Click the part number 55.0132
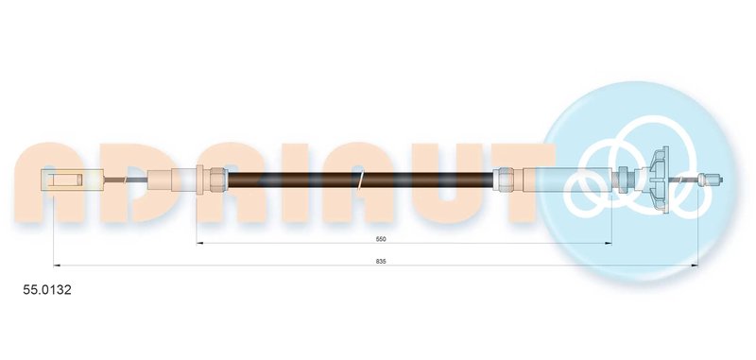(x=47, y=290)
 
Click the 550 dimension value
(x=382, y=238)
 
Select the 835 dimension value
(x=382, y=261)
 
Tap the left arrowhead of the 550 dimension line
(x=200, y=244)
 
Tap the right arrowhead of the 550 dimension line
(x=609, y=244)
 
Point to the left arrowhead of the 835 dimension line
(x=57, y=266)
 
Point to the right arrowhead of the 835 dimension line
(x=695, y=266)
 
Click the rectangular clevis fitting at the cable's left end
(x=74, y=180)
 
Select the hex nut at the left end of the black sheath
(x=218, y=180)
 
